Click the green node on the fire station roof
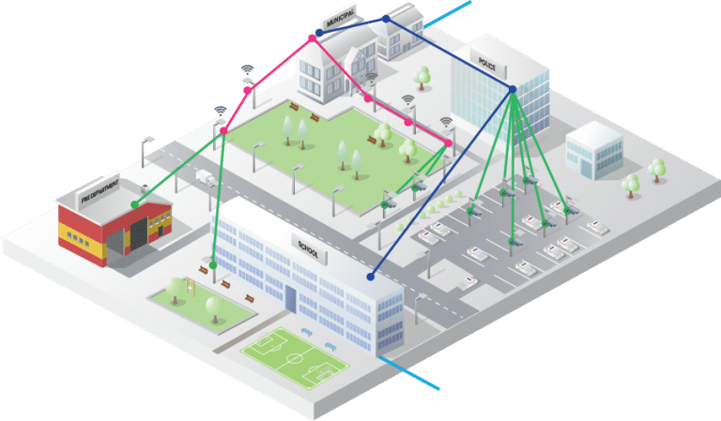coord(134,203)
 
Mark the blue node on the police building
coord(513,89)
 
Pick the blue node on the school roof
coord(371,277)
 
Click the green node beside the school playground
coord(214,265)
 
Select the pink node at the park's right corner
coord(449,143)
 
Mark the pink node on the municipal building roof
coord(312,38)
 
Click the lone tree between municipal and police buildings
coord(422,74)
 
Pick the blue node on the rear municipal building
coord(386,19)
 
